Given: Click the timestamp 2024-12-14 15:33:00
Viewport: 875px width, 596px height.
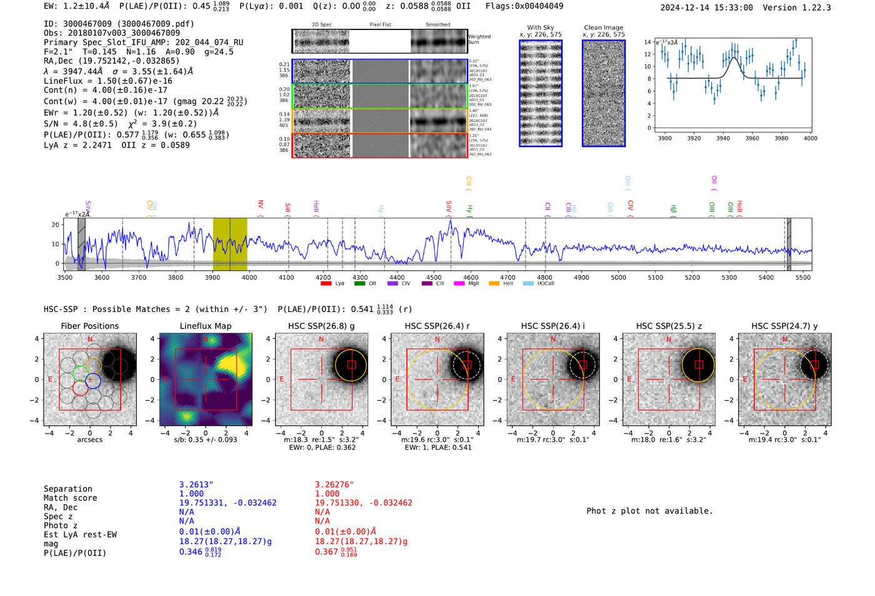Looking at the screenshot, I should pos(706,8).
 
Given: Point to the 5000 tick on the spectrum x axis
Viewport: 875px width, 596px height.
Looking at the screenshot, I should pos(618,277).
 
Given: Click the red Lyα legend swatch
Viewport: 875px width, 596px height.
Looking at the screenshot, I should pos(326,283).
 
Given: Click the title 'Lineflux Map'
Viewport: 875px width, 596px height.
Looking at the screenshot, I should pos(206,326).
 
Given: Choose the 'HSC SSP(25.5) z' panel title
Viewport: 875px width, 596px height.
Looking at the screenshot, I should pos(669,326).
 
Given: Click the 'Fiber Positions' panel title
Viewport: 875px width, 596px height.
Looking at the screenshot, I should pos(90,326).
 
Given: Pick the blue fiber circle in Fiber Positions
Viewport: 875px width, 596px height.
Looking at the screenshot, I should pos(93,380).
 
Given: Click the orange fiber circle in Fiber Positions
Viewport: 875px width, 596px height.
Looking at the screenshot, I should pos(94,365).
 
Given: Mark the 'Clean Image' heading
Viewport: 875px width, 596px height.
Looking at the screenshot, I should pos(604,28).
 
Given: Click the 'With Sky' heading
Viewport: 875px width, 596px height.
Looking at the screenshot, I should pos(541,28).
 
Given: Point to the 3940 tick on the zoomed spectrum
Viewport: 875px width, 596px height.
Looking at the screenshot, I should pos(723,138).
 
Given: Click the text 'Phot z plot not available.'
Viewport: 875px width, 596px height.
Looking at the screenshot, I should pos(649,511).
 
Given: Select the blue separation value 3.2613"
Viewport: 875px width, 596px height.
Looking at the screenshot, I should pos(196,485).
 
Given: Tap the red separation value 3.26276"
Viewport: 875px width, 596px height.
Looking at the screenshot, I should pos(334,485).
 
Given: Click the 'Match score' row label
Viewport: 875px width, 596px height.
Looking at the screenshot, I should pos(71,498).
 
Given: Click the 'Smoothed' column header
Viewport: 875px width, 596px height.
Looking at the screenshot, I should pos(437,25).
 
